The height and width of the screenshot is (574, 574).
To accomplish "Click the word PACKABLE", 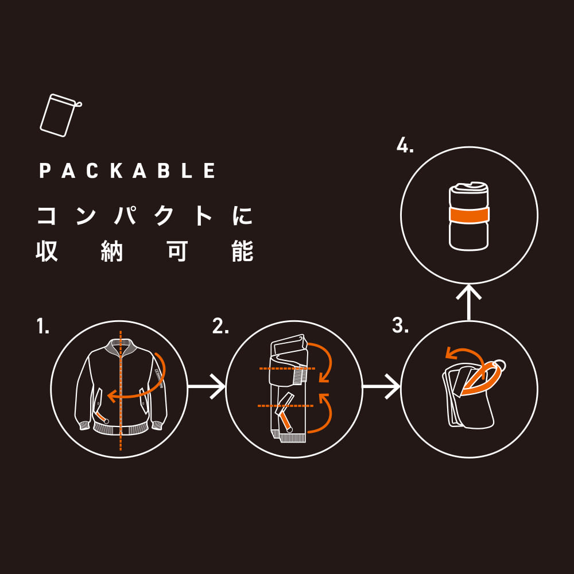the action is (x=127, y=170).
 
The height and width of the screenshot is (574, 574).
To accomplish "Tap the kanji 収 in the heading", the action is (x=47, y=251).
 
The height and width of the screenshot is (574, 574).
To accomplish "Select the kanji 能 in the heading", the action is (x=243, y=251).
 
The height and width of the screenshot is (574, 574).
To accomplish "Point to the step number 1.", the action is (x=43, y=326).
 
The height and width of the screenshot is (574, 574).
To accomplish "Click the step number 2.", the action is (x=220, y=326).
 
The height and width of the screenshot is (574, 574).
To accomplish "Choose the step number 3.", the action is (x=400, y=325).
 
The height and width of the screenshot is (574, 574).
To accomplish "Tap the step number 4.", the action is (x=405, y=146).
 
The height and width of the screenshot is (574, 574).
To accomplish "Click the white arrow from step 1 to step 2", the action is (x=207, y=386).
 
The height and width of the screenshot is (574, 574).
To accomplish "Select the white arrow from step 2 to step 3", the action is (x=381, y=386).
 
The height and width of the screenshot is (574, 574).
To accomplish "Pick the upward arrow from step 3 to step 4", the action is (x=468, y=302).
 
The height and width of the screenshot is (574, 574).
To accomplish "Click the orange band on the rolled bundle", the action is (x=469, y=215).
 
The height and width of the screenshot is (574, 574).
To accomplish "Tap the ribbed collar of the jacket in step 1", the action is (x=121, y=346).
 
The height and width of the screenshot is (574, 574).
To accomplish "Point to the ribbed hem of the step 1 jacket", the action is (x=121, y=429).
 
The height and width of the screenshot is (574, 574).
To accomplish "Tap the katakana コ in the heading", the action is (x=46, y=216).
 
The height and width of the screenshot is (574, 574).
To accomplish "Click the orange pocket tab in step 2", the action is (x=286, y=423).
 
